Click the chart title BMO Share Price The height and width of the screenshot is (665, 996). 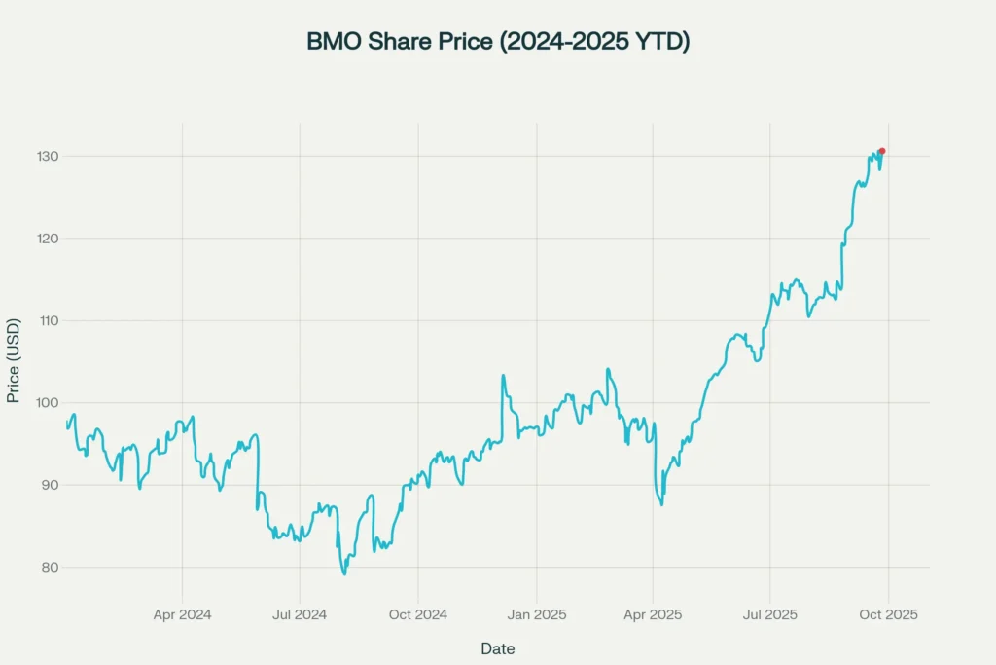(x=497, y=42)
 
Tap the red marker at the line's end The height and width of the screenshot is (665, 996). (x=881, y=151)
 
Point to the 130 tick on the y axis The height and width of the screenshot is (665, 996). (x=48, y=157)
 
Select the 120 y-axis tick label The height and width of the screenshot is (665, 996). (x=48, y=239)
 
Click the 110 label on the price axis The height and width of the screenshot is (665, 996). (x=48, y=320)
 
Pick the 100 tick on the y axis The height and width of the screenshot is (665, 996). (x=48, y=403)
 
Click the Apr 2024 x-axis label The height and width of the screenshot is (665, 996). (x=182, y=615)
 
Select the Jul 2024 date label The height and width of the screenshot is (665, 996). (x=300, y=615)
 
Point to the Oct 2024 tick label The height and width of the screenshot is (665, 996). (x=417, y=615)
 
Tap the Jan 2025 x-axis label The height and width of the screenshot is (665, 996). (x=537, y=615)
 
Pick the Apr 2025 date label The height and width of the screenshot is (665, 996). (x=653, y=615)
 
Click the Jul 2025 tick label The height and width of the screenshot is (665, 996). (x=770, y=615)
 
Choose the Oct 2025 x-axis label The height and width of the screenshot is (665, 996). (x=888, y=615)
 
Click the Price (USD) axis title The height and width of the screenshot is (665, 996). (x=14, y=360)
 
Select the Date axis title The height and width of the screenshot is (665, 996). (x=497, y=648)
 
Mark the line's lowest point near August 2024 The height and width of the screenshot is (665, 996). (x=344, y=573)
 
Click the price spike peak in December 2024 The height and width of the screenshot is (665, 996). (x=503, y=375)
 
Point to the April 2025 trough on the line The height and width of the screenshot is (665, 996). (x=661, y=503)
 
